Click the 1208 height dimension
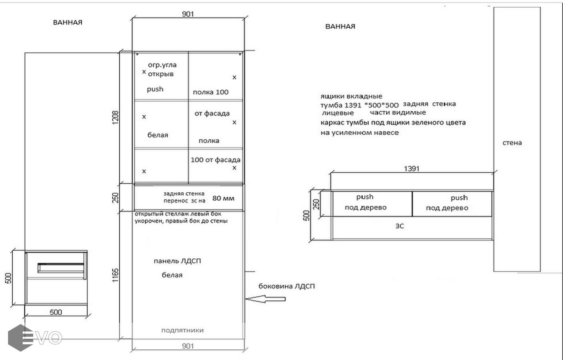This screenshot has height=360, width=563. pyautogui.click(x=115, y=118)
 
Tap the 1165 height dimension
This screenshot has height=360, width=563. pyautogui.click(x=115, y=275)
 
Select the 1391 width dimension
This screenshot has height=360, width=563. pyautogui.click(x=412, y=168)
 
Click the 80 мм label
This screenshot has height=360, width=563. pyautogui.click(x=223, y=198)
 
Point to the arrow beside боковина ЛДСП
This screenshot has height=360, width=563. pyautogui.click(x=265, y=299)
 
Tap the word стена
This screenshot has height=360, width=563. pyautogui.click(x=512, y=143)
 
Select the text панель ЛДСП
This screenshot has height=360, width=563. pyautogui.click(x=177, y=261)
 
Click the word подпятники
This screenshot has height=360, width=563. pyautogui.click(x=182, y=330)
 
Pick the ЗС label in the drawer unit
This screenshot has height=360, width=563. pyautogui.click(x=400, y=226)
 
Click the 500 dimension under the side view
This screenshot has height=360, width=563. pyautogui.click(x=56, y=312)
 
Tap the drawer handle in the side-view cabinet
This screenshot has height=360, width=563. pyautogui.click(x=61, y=268)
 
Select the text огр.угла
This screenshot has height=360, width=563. pyautogui.click(x=162, y=65)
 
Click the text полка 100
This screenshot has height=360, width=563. pyautogui.click(x=210, y=92)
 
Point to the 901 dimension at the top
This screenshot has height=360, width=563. pyautogui.click(x=188, y=14)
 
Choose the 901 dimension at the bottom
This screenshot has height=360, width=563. pyautogui.click(x=188, y=346)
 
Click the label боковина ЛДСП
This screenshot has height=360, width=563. pyautogui.click(x=287, y=286)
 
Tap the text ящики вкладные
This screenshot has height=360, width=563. pyautogui.click(x=351, y=96)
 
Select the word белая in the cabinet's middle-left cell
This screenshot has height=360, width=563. pyautogui.click(x=158, y=135)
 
